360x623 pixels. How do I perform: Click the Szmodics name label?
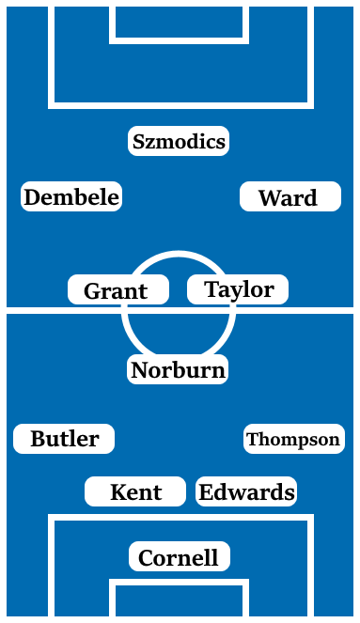click(x=179, y=141)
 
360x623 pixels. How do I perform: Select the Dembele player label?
click(x=71, y=196)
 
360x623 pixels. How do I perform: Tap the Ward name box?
click(x=290, y=197)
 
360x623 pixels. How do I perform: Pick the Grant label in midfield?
click(x=117, y=290)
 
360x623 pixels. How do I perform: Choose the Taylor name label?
click(x=238, y=289)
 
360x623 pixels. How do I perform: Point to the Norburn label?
click(x=178, y=369)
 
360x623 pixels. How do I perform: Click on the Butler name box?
click(x=64, y=439)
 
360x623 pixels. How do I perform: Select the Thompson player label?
click(x=293, y=439)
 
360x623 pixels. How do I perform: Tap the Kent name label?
click(x=135, y=491)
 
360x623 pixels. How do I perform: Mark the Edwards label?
click(x=246, y=491)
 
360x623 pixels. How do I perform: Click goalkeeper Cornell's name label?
click(x=179, y=557)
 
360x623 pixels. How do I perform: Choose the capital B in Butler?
click(x=38, y=439)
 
